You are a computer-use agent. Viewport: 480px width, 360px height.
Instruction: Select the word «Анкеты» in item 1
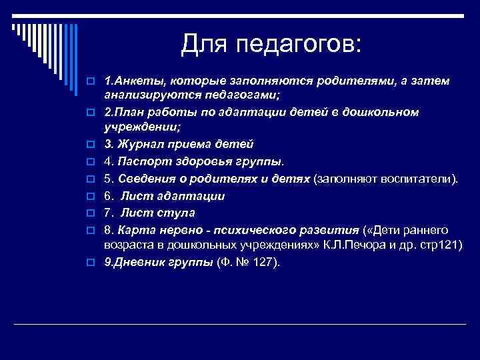[136, 81]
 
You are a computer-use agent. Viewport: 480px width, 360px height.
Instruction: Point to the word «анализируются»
[146, 95]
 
